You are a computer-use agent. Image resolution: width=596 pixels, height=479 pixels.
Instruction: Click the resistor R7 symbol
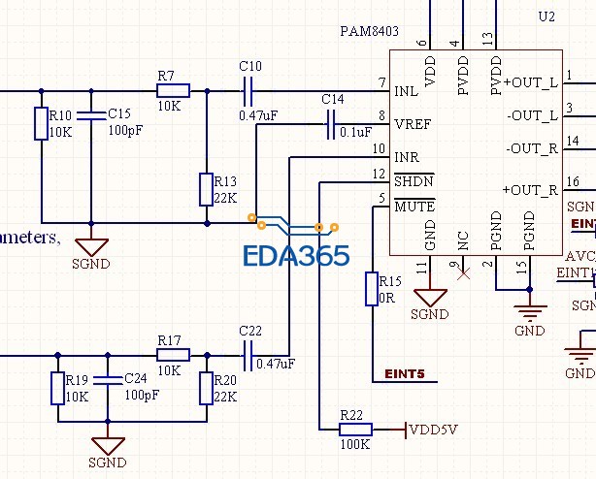172,91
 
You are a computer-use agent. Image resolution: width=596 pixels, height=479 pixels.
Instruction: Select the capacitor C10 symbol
249,91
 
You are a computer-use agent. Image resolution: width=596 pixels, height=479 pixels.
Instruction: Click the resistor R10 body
42,123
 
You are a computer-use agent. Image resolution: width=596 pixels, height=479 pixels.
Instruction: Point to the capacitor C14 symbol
332,123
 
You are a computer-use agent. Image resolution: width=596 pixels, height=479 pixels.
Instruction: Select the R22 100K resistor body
355,430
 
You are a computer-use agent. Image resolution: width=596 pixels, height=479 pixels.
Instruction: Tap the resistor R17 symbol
173,356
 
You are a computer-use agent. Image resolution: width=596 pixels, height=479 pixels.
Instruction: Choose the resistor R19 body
57,388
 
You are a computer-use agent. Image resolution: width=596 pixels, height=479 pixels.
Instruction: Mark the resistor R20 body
206,388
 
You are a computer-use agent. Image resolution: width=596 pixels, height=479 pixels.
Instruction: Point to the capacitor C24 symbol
107,379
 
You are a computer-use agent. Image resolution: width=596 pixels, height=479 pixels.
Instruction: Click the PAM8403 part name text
370,31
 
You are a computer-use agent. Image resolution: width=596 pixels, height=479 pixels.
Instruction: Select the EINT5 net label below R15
405,372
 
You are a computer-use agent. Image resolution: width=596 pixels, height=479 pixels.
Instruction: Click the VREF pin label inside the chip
413,124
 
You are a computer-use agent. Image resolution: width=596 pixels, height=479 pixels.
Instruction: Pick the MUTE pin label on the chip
414,207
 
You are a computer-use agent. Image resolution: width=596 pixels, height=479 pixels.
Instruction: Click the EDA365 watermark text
296,257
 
